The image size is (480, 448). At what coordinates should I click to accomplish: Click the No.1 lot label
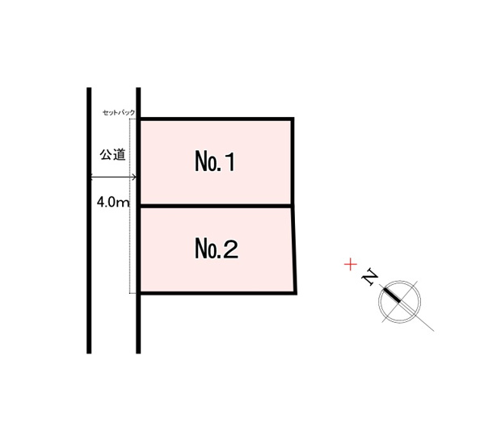(x=215, y=161)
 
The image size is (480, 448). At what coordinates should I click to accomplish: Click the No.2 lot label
(x=217, y=249)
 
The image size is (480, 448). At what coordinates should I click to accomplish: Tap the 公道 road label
(x=112, y=155)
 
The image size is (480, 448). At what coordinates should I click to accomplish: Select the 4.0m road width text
(x=113, y=202)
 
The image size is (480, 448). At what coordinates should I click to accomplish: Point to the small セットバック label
(x=119, y=113)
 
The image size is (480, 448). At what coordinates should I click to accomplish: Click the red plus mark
(x=351, y=265)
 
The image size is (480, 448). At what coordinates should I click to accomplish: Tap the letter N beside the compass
(x=370, y=277)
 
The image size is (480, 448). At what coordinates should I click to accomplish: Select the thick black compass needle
(x=392, y=295)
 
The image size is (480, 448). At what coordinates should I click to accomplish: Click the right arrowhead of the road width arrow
(x=134, y=177)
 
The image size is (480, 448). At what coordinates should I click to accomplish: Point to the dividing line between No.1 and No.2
(x=216, y=207)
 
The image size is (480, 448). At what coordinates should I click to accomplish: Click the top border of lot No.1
(x=217, y=119)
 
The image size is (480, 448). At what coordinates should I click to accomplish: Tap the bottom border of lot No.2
(x=218, y=293)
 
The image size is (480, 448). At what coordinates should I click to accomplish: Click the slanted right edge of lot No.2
(x=294, y=249)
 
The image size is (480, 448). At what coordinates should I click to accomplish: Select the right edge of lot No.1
(x=293, y=162)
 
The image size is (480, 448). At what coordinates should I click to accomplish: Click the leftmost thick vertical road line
(x=89, y=220)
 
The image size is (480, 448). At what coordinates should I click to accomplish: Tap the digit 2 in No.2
(x=231, y=249)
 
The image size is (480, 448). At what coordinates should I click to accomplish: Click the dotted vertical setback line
(x=130, y=206)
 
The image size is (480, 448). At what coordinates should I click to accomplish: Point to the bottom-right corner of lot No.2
(x=296, y=293)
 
